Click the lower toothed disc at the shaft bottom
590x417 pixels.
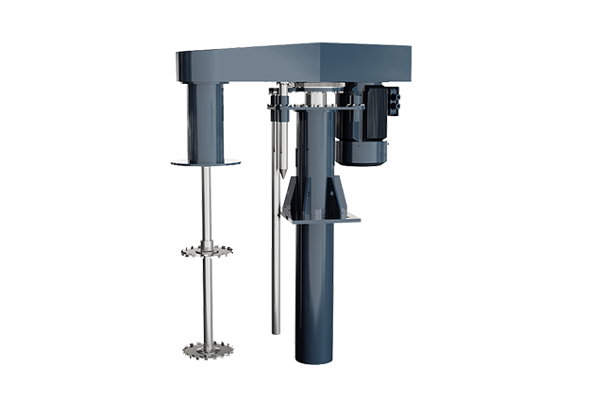point(207,350)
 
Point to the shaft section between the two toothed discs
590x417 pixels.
point(207,302)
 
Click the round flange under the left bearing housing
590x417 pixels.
point(206,163)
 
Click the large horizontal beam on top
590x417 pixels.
point(293,62)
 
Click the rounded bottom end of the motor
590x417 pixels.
point(362,158)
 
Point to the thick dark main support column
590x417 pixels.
point(314,283)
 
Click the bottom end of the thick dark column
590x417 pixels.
point(314,357)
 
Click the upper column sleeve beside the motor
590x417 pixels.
point(316,142)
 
